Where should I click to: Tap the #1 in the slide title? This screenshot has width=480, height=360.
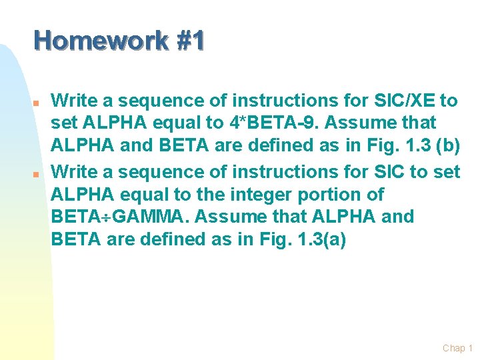click(x=191, y=42)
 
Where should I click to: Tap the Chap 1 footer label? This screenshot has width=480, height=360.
click(x=457, y=347)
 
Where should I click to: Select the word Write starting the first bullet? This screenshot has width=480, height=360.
click(x=71, y=101)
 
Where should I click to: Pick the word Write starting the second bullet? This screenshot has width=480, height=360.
click(x=71, y=172)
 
